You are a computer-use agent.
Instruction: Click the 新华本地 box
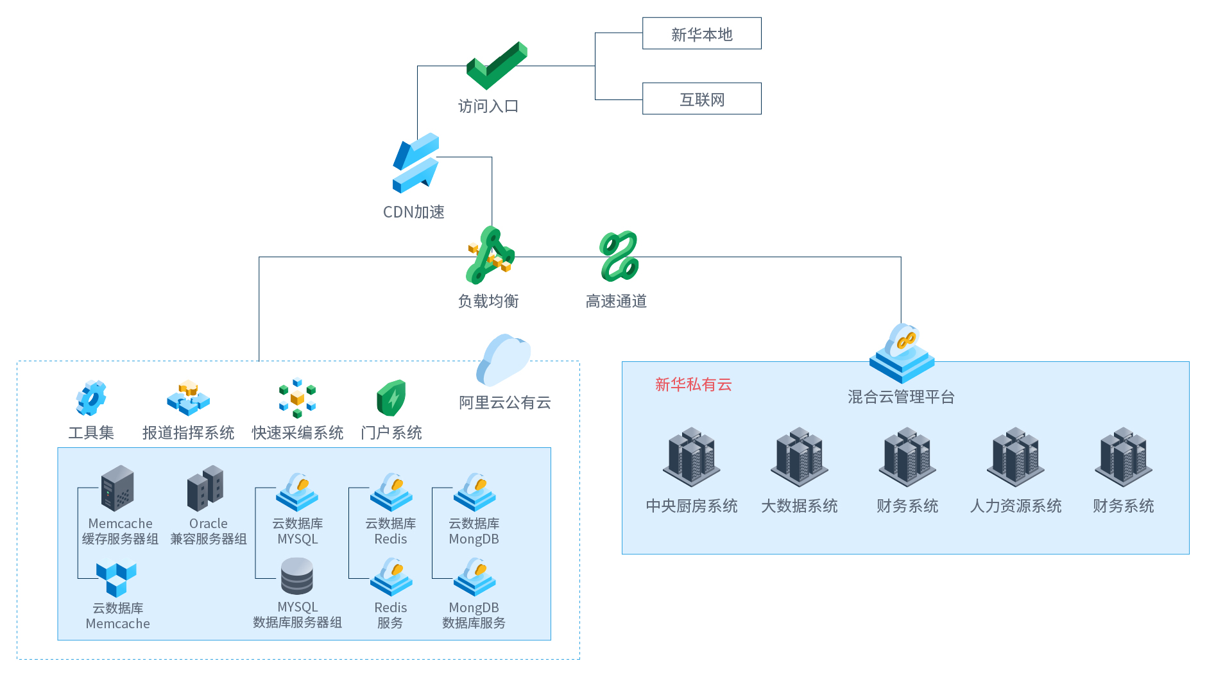pyautogui.click(x=701, y=33)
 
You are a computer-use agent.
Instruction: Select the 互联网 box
pyautogui.click(x=701, y=99)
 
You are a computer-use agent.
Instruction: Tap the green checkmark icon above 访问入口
pyautogui.click(x=497, y=65)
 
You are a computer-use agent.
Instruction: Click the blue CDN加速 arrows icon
pyautogui.click(x=416, y=163)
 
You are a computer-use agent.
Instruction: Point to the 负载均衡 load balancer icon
pyautogui.click(x=490, y=255)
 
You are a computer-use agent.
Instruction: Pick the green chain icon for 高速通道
pyautogui.click(x=619, y=256)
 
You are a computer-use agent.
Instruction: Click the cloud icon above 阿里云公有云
pyautogui.click(x=504, y=359)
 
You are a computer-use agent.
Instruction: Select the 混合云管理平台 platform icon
pyautogui.click(x=902, y=354)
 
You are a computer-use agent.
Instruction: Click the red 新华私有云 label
pyautogui.click(x=693, y=384)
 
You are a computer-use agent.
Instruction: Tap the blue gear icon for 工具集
pyautogui.click(x=91, y=398)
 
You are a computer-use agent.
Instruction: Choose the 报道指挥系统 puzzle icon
pyautogui.click(x=188, y=398)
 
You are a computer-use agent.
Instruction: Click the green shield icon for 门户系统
pyautogui.click(x=391, y=398)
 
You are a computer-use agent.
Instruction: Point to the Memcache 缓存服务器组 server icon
pyautogui.click(x=117, y=488)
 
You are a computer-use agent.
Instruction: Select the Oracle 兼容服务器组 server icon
pyautogui.click(x=205, y=488)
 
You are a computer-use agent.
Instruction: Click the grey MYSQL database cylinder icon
pyautogui.click(x=297, y=576)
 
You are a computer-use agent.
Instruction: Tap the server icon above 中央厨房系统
pyautogui.click(x=692, y=458)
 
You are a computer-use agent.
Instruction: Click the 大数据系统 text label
pyautogui.click(x=800, y=506)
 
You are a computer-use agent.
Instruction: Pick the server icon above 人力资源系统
pyautogui.click(x=1016, y=458)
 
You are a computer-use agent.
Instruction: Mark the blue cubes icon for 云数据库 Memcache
pyautogui.click(x=116, y=579)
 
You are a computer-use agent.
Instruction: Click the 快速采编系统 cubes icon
pyautogui.click(x=297, y=398)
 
